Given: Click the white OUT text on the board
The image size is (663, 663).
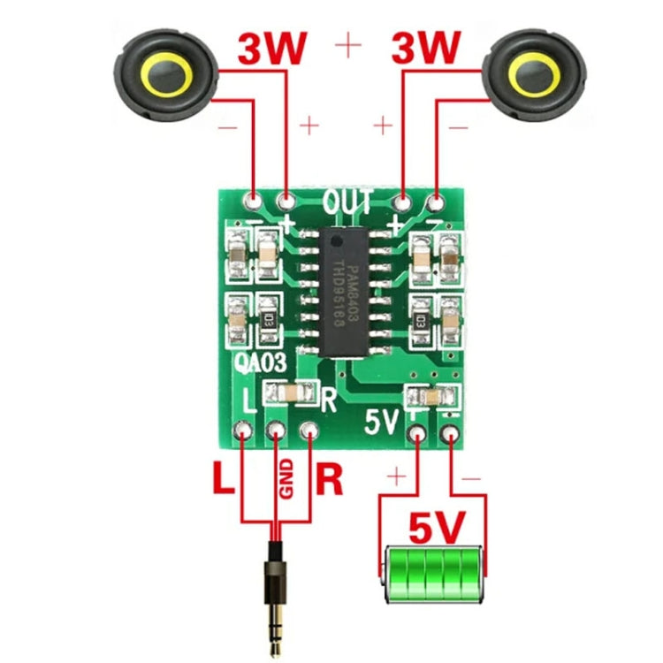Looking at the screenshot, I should point(347,202).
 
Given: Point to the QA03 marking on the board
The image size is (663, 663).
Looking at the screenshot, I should point(259,362).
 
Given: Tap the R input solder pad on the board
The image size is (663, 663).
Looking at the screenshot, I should point(309,432).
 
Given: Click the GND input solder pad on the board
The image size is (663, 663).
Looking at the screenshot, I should point(276,432).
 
